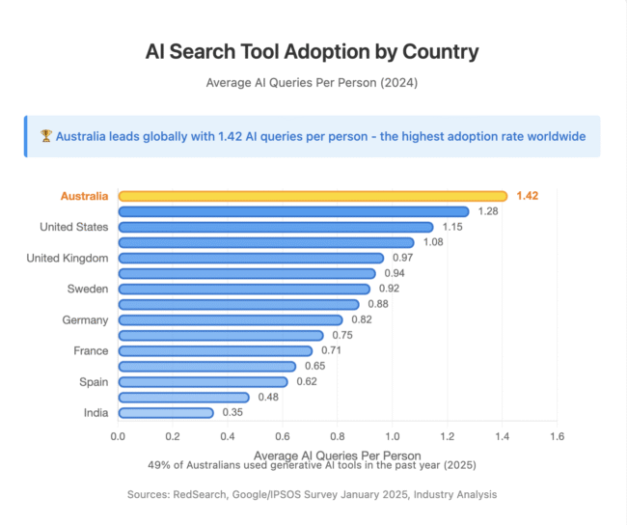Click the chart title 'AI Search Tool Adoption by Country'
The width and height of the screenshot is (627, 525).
pyautogui.click(x=312, y=51)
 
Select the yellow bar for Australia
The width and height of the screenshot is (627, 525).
pyautogui.click(x=312, y=196)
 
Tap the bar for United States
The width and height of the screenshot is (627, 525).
pyautogui.click(x=275, y=227)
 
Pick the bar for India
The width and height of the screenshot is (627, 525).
pyautogui.click(x=165, y=412)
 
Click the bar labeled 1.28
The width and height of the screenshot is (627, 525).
pyautogui.click(x=293, y=211)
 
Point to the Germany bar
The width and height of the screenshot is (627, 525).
pyautogui.click(x=230, y=319)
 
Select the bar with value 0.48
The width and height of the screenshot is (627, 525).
pyautogui.click(x=183, y=397)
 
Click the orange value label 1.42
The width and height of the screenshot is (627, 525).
pyautogui.click(x=527, y=196)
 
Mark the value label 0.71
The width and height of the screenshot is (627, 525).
pyautogui.click(x=331, y=350)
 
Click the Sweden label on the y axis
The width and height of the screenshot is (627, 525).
pyautogui.click(x=87, y=289)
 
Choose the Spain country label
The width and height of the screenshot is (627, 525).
pyautogui.click(x=94, y=381)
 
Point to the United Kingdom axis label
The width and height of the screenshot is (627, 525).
pyautogui.click(x=68, y=258)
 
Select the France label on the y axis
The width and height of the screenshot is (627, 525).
pyautogui.click(x=91, y=350)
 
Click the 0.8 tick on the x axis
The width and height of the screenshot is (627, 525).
pyautogui.click(x=338, y=436)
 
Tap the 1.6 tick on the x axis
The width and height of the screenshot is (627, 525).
pyautogui.click(x=557, y=436)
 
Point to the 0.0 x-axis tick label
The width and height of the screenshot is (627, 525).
pyautogui.click(x=118, y=436)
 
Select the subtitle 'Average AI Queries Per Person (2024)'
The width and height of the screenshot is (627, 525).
pyautogui.click(x=312, y=83)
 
